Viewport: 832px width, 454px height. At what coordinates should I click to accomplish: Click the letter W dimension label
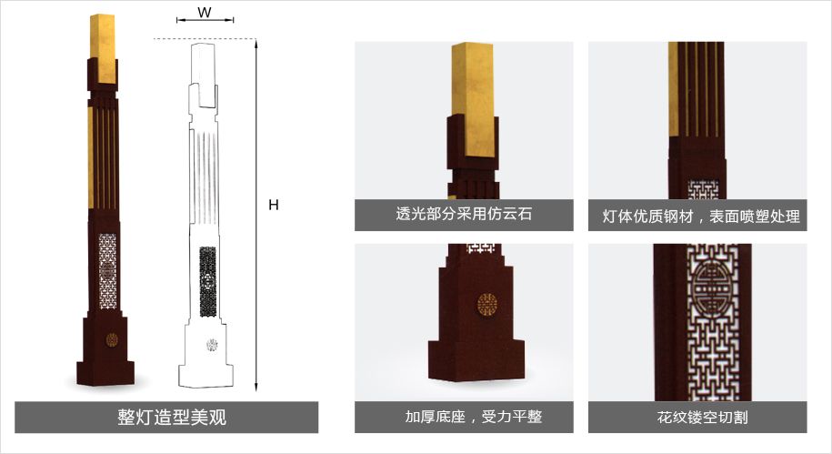(205, 13)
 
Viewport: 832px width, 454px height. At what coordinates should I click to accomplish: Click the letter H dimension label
(274, 206)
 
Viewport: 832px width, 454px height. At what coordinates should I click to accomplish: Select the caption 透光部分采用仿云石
(464, 216)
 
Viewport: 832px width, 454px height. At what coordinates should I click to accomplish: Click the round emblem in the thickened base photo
(486, 302)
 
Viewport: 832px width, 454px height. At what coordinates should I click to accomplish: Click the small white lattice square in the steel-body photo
(703, 189)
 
